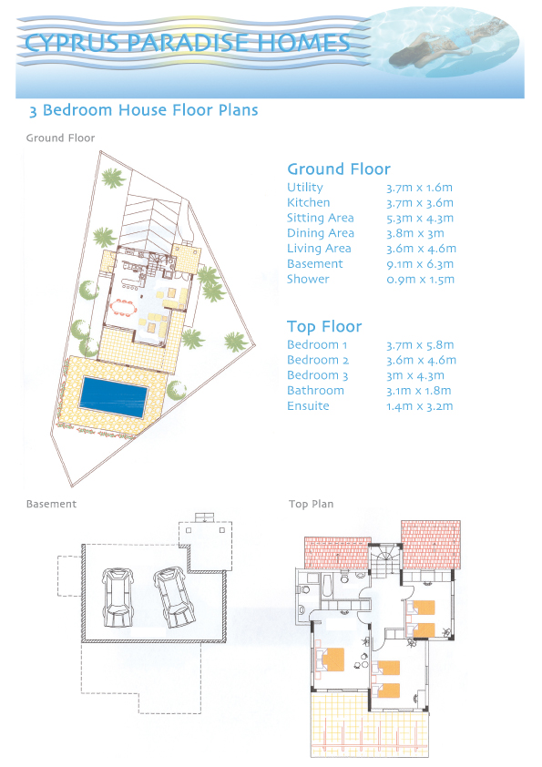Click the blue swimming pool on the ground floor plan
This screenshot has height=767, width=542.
[114, 396]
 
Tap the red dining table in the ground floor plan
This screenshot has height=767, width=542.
[123, 308]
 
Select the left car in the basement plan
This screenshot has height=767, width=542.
[117, 597]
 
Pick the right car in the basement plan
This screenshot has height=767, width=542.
[174, 597]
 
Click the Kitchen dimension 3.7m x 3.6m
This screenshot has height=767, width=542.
[420, 203]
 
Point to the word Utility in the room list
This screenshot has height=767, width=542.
[305, 188]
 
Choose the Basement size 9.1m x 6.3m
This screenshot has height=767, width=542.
[420, 264]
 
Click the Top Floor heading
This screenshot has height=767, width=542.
[324, 326]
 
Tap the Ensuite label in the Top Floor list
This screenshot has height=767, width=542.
[308, 406]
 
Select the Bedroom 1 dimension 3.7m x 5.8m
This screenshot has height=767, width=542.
[420, 345]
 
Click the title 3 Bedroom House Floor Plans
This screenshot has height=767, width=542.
[143, 110]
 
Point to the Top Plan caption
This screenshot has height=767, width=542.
[312, 504]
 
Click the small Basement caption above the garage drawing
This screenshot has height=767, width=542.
[51, 504]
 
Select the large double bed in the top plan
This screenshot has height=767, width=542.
[331, 660]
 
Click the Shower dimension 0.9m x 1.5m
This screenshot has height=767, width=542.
[420, 280]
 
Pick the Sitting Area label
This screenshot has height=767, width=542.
[321, 218]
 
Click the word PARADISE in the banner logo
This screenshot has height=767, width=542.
[189, 43]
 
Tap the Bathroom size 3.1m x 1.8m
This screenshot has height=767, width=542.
[419, 391]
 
